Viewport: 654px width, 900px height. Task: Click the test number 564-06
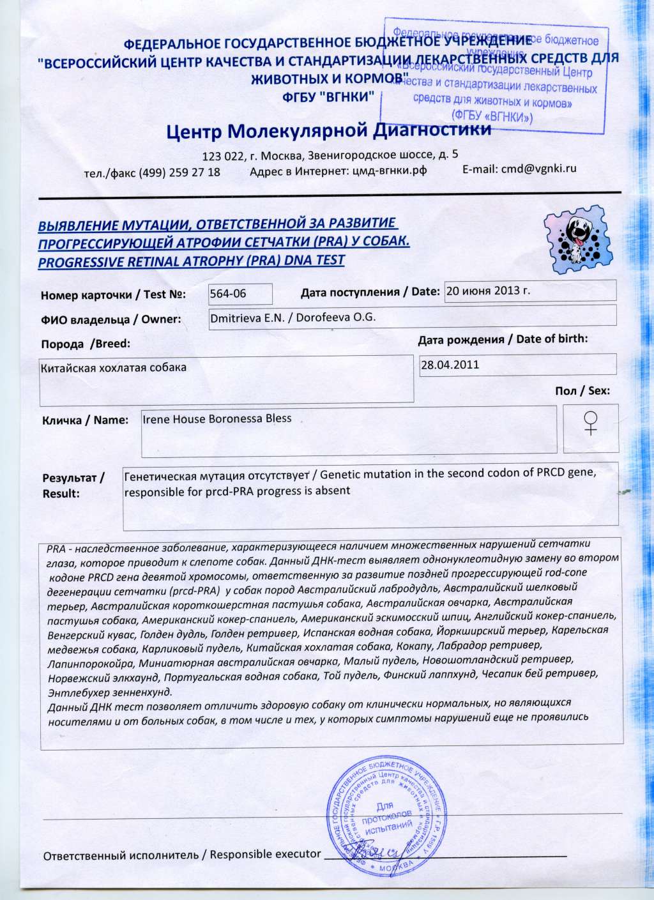[228, 293]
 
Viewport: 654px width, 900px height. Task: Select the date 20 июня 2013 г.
[488, 290]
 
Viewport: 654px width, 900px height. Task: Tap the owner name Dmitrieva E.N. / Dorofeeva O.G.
[296, 317]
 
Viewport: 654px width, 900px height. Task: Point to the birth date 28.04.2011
[450, 365]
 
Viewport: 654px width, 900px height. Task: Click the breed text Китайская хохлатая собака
[114, 368]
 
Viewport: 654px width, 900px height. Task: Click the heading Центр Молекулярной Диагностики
[328, 131]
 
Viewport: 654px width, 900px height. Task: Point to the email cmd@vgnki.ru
[519, 169]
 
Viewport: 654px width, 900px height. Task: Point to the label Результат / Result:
[73, 485]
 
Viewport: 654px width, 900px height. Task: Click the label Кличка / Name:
[85, 420]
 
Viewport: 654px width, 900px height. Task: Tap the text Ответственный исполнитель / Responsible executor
[181, 855]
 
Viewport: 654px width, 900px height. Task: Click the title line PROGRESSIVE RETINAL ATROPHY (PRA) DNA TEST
[191, 261]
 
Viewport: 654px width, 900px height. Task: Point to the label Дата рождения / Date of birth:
[503, 339]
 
